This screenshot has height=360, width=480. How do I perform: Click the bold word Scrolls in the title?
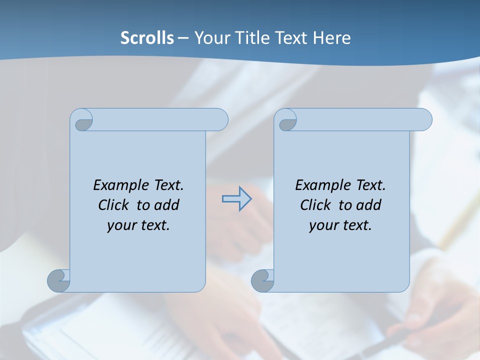[147, 38]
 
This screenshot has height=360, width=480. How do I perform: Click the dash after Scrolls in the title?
[183, 38]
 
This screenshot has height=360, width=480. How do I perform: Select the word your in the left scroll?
[121, 225]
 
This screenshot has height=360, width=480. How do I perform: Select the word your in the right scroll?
[323, 225]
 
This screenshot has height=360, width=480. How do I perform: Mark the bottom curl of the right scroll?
[262, 280]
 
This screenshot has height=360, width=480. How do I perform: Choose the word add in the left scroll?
[167, 205]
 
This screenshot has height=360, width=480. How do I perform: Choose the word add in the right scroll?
[369, 205]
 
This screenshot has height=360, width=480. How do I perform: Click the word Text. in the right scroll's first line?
[370, 185]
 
